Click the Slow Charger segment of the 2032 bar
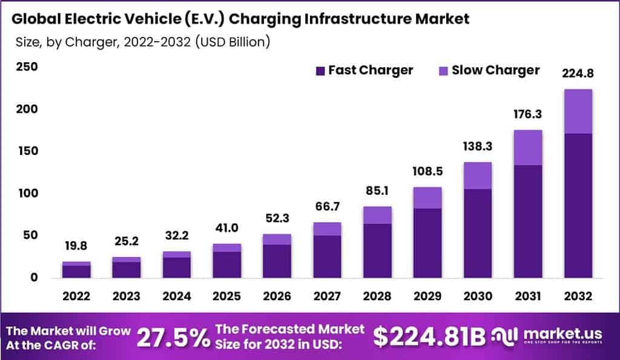(x=578, y=111)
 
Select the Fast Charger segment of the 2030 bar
(x=478, y=233)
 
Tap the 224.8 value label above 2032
(x=578, y=74)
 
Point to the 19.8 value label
(x=76, y=246)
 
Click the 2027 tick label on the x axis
(x=327, y=296)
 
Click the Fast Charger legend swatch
(x=320, y=71)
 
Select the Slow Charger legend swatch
(x=443, y=71)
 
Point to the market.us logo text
(x=550, y=335)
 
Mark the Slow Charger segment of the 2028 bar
(x=377, y=215)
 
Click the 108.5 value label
(x=427, y=171)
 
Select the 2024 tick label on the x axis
(x=177, y=296)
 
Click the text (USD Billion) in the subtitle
(x=228, y=42)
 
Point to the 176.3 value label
(x=528, y=114)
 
